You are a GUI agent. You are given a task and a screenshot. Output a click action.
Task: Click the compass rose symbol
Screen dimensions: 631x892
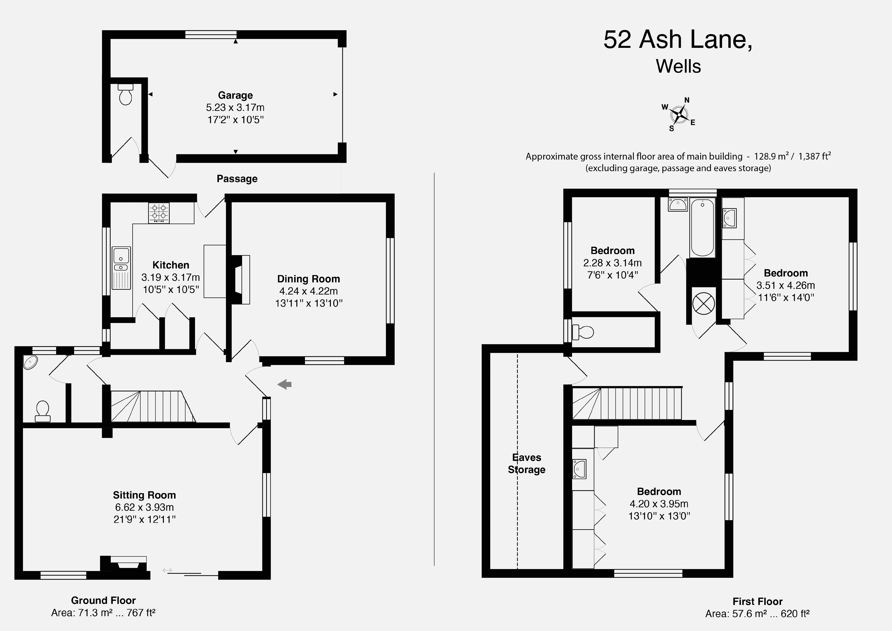pyautogui.click(x=679, y=114)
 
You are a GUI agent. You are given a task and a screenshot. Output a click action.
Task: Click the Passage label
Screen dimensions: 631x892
pyautogui.click(x=237, y=179)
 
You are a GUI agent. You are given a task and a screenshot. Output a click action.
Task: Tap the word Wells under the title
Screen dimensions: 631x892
pyautogui.click(x=678, y=66)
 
